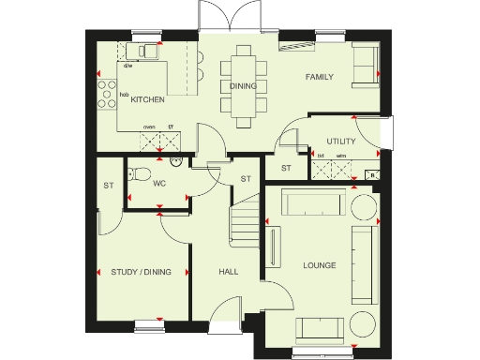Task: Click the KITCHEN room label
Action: [x=148, y=99]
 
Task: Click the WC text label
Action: [x=158, y=183]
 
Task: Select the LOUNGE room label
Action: [x=319, y=265]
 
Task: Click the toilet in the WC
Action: [x=139, y=173]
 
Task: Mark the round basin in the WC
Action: [x=175, y=161]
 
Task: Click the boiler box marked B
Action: [x=372, y=173]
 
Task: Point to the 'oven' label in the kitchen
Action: [x=149, y=127]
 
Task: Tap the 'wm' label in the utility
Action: [x=341, y=156]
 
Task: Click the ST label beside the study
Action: [x=108, y=186]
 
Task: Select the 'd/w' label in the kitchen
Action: [x=127, y=65]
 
